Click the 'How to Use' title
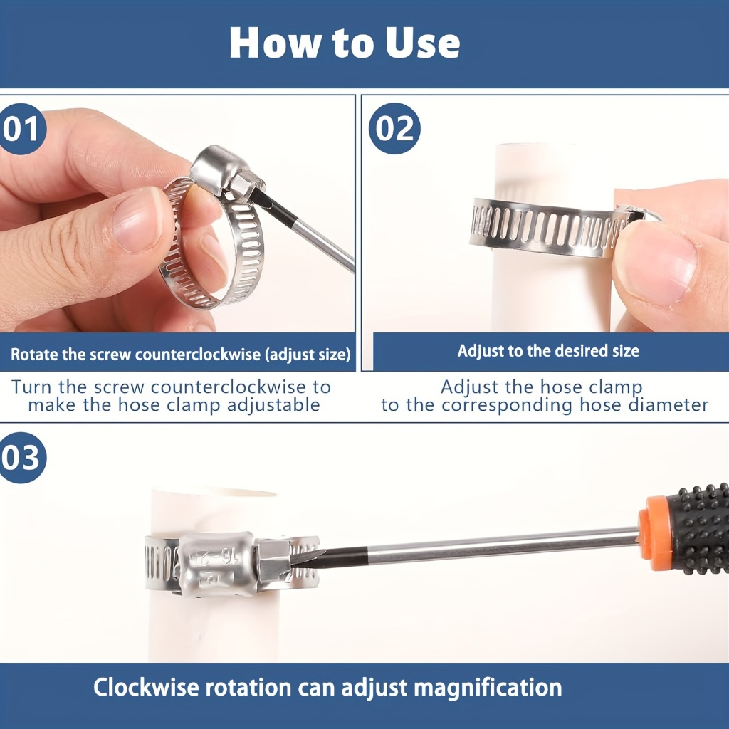pyautogui.click(x=345, y=43)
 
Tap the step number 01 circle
pyautogui.click(x=21, y=129)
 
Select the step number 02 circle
pyautogui.click(x=394, y=128)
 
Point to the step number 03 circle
pyautogui.click(x=21, y=458)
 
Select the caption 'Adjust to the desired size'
pyautogui.click(x=548, y=350)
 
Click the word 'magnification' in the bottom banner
pyautogui.click(x=488, y=687)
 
